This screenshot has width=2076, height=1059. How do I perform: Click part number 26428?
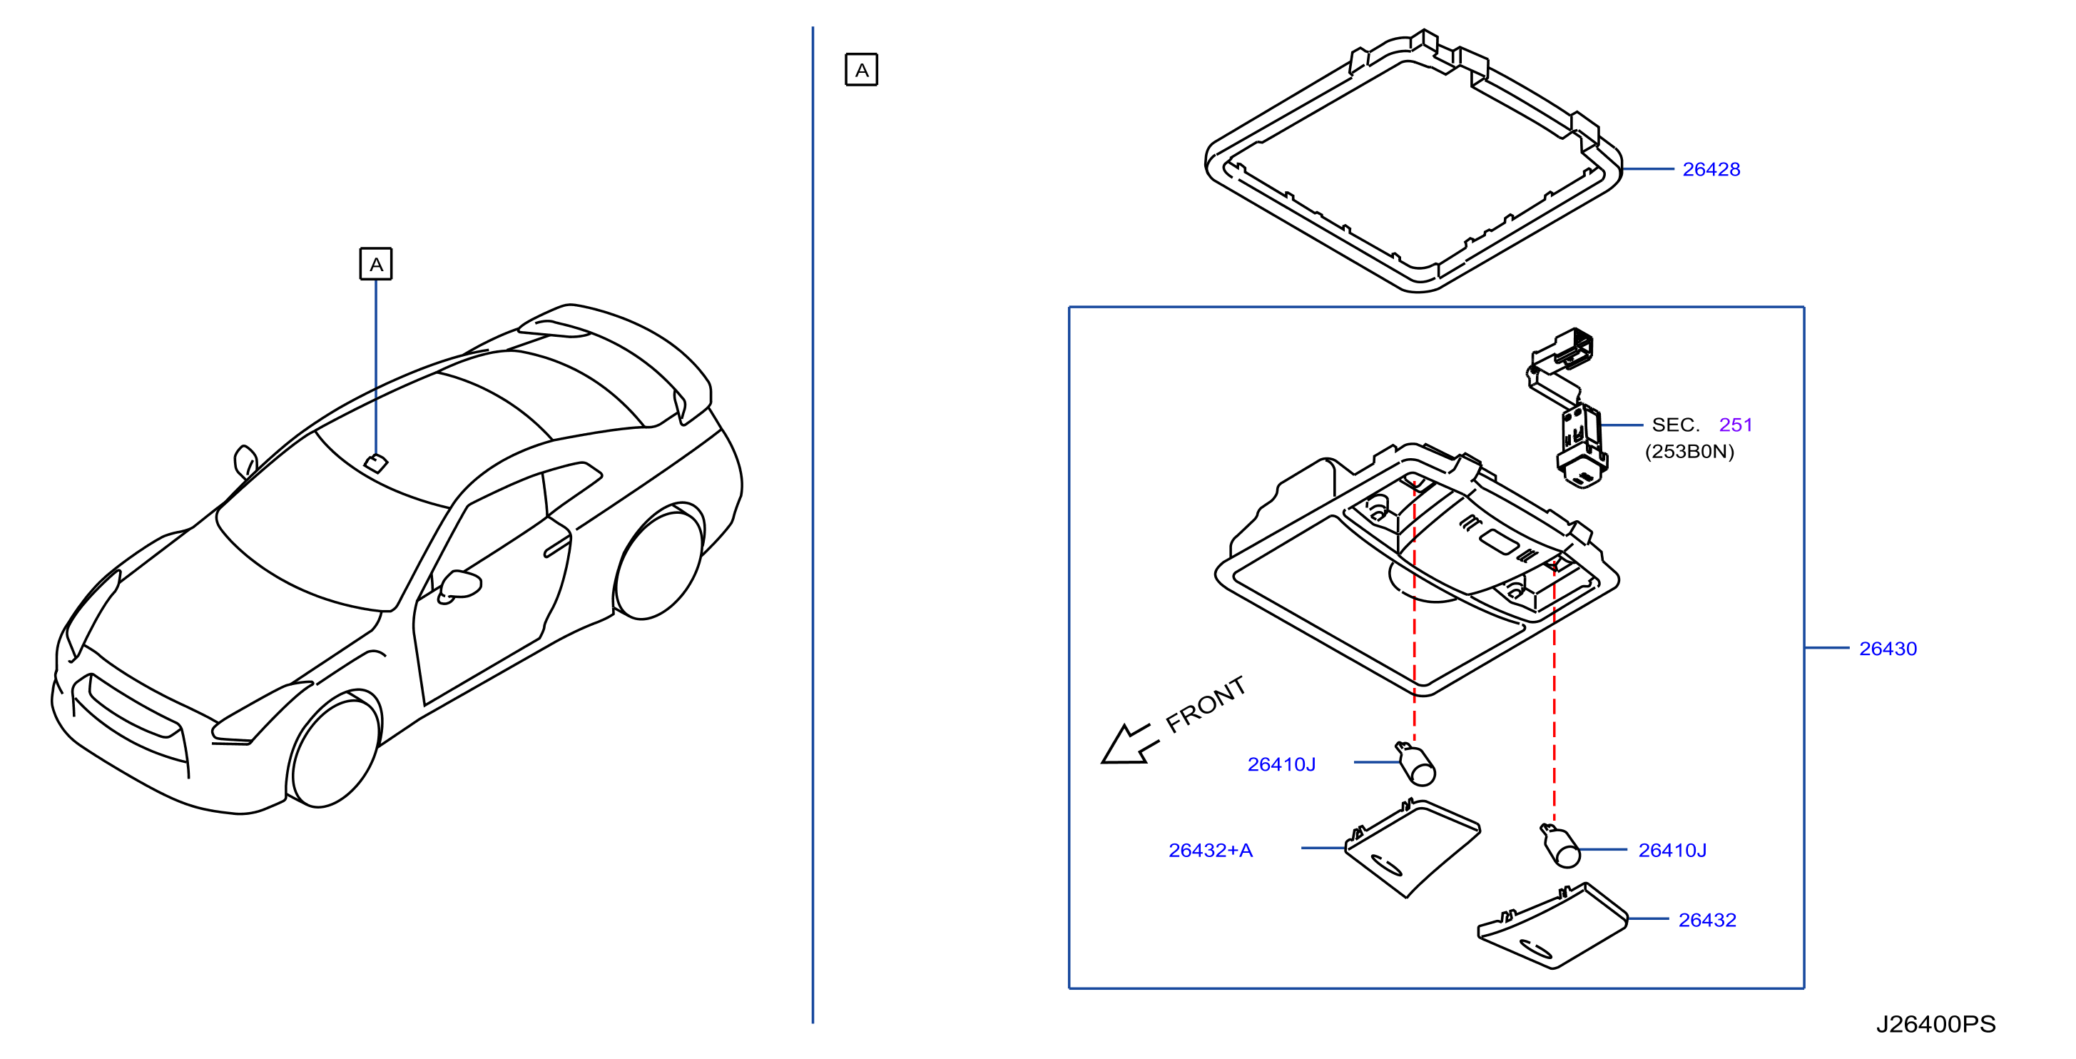1711,169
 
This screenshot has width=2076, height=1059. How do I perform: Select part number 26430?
1888,649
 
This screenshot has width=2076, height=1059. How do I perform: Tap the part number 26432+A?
1211,850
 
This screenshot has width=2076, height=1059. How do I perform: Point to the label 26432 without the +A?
1707,920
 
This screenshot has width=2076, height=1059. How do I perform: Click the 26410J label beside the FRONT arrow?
1281,764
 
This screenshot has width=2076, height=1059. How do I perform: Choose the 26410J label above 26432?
1672,850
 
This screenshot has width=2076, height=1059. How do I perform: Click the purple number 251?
1735,425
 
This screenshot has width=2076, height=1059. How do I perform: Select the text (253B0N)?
1689,451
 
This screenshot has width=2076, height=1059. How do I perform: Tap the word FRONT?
1206,704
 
